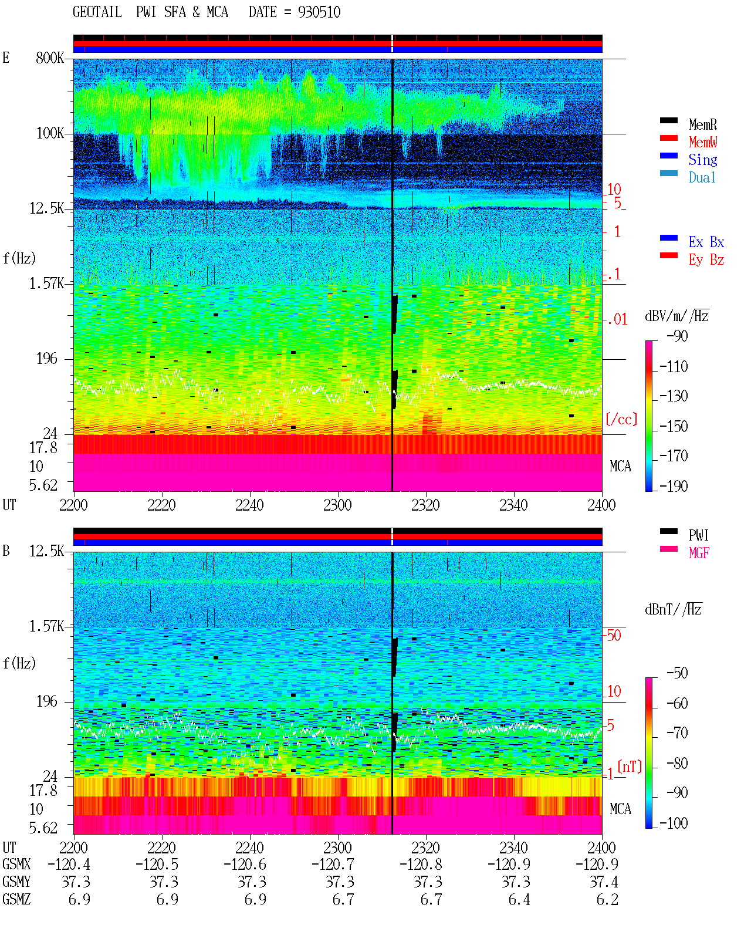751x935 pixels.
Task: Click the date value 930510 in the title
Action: [x=319, y=12]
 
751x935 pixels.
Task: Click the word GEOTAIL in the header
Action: [x=97, y=12]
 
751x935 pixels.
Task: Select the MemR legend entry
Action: [x=702, y=124]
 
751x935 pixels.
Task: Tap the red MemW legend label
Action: [x=702, y=142]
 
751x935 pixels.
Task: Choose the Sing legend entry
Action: [x=702, y=160]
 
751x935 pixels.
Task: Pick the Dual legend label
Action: [x=702, y=177]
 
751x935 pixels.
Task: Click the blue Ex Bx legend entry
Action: [x=706, y=242]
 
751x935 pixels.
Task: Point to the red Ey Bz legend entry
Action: [x=706, y=259]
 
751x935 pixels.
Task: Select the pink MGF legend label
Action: [x=699, y=553]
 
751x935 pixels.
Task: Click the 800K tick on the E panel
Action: [x=50, y=58]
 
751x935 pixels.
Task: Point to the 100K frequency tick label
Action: [x=50, y=133]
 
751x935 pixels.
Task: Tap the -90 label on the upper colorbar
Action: [x=677, y=336]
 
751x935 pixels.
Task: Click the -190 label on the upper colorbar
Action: [x=674, y=486]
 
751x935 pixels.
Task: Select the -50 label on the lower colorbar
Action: [x=677, y=673]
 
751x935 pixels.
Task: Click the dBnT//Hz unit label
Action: [x=674, y=610]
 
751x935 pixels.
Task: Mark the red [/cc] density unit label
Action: [x=621, y=419]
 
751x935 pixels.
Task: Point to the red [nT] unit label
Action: [x=630, y=767]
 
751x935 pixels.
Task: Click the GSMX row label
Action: [x=16, y=864]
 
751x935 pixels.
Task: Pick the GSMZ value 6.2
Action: [x=607, y=899]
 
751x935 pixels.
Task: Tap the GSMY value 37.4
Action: [x=604, y=882]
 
